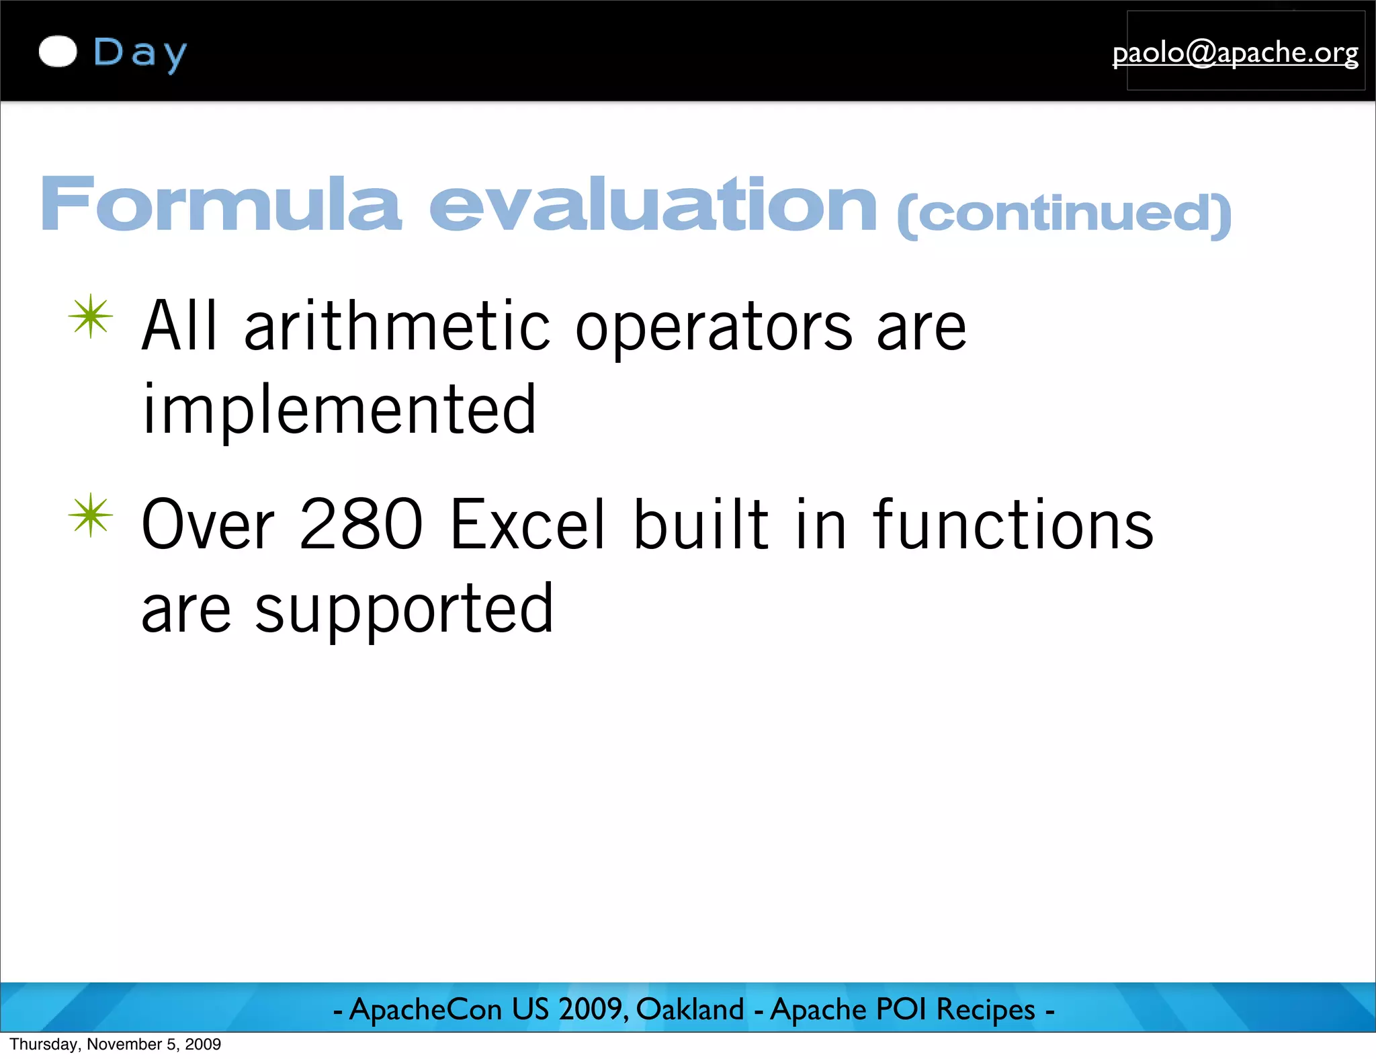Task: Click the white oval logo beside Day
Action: [x=58, y=52]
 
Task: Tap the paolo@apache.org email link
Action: [x=1235, y=52]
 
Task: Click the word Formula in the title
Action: [x=220, y=204]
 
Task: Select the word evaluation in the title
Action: [x=653, y=204]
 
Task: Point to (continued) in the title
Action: [x=1064, y=214]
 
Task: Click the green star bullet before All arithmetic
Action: [x=91, y=316]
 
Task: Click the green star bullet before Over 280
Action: [x=91, y=515]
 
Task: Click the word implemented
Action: [x=339, y=410]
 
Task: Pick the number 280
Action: [x=361, y=525]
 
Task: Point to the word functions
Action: [x=1013, y=525]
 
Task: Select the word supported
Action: [x=404, y=610]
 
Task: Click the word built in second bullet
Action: [x=701, y=525]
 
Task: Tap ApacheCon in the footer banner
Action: [x=425, y=1009]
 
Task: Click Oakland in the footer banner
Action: [x=690, y=1009]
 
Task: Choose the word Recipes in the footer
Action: [x=986, y=1010]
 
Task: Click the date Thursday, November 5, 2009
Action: [x=115, y=1044]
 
